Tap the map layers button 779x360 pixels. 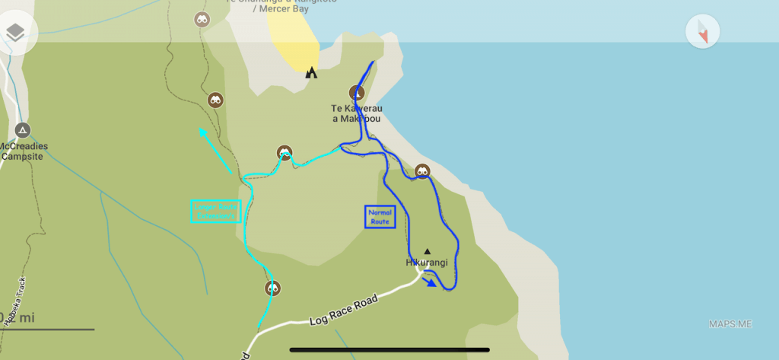click(15, 33)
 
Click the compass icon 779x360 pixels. click(702, 33)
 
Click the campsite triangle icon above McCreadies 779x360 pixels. click(23, 130)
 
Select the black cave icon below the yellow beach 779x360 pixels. click(310, 73)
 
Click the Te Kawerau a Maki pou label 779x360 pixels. click(355, 113)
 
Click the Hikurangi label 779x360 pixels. click(425, 263)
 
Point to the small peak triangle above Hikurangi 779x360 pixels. click(427, 251)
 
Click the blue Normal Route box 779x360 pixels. click(380, 217)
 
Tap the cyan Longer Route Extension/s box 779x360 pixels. click(216, 211)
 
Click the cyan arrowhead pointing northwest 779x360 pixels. click(203, 132)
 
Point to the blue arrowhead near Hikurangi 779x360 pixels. click(431, 283)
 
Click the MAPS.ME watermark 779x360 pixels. click(730, 324)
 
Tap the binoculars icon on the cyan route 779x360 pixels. click(284, 152)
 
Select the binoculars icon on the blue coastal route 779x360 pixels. click(422, 172)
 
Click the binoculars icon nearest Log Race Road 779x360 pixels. click(273, 288)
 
